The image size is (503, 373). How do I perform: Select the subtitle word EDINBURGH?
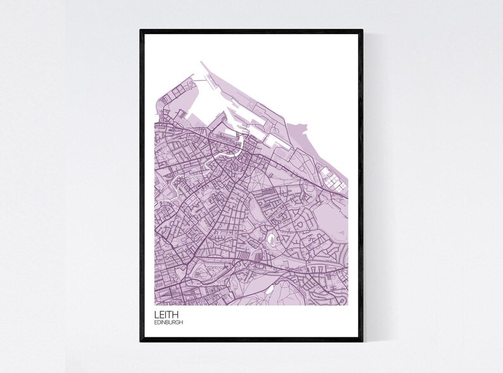click(169, 322)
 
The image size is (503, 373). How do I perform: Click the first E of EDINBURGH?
click(155, 322)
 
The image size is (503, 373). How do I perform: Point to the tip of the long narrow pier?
click(201, 62)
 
